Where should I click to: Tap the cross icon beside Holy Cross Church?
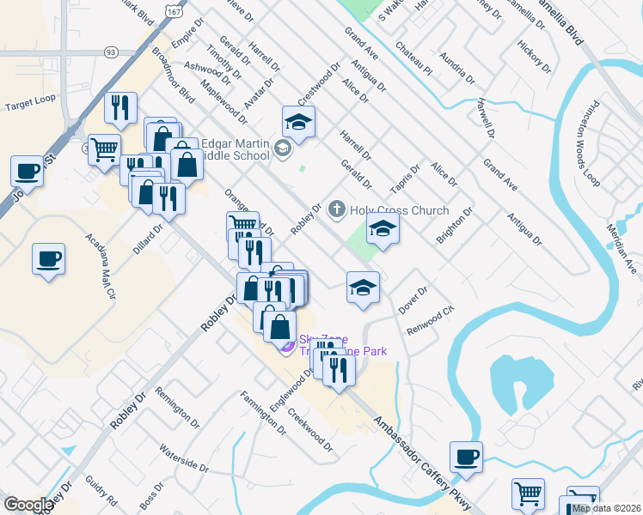coord(336,209)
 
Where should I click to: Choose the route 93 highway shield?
coord(110,52)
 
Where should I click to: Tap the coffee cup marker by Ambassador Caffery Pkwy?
coord(466,456)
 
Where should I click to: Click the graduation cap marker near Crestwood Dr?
coord(298,122)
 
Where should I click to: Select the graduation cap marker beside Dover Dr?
coord(364,287)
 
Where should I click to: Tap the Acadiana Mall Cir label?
coord(99,267)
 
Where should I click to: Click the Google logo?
coord(28,505)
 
